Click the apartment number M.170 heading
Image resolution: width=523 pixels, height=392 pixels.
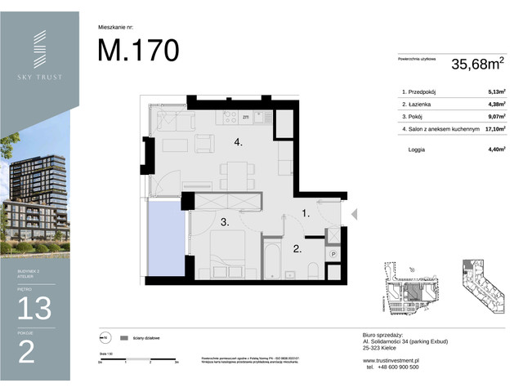(x=138, y=51)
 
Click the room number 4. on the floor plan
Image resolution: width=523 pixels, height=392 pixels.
(x=239, y=143)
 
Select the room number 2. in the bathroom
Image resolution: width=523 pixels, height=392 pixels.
(x=299, y=249)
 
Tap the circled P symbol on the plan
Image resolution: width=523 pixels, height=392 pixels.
(x=333, y=255)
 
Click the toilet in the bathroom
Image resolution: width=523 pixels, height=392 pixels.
(x=313, y=269)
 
